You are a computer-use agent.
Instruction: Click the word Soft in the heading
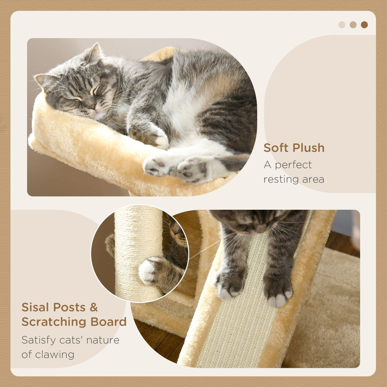click(x=276, y=148)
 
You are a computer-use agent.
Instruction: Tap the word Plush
click(x=309, y=148)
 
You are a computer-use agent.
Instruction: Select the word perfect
click(x=293, y=165)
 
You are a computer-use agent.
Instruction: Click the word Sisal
click(x=35, y=307)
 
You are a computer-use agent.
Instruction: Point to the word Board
click(x=108, y=322)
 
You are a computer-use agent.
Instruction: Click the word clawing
click(x=55, y=354)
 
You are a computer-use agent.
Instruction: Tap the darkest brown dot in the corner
click(x=364, y=25)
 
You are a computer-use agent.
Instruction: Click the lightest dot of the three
click(x=342, y=25)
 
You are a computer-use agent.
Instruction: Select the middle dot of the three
click(x=353, y=25)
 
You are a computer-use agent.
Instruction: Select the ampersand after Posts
click(x=93, y=307)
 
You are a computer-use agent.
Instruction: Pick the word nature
click(x=103, y=340)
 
